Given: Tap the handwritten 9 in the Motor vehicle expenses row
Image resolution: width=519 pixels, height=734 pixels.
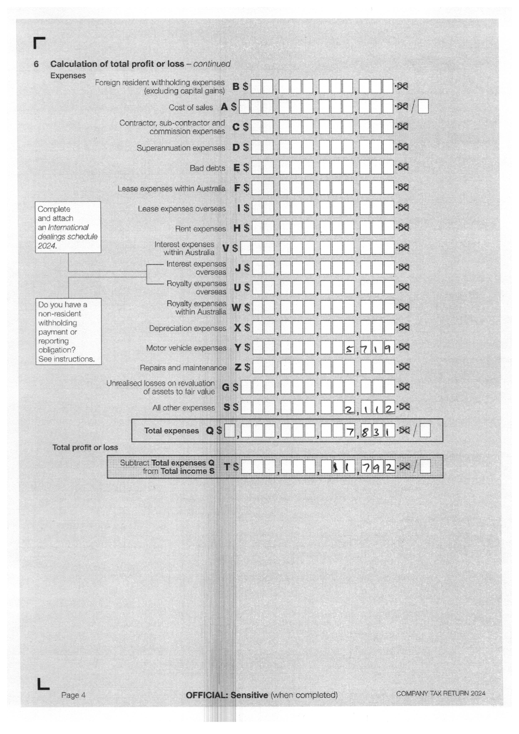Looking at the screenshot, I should (x=388, y=348).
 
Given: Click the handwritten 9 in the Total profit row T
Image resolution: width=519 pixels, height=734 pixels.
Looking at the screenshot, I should (x=377, y=468).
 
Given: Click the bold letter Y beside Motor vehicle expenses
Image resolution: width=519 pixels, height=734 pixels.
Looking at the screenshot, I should (x=238, y=347).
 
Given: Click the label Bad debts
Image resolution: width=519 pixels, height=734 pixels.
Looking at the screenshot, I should (x=207, y=168).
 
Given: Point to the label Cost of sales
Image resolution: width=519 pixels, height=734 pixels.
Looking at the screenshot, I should (x=191, y=107).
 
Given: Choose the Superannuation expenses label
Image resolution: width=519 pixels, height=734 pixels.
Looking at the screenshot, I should (x=181, y=148).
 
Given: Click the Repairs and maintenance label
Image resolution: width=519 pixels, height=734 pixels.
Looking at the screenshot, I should (x=183, y=368).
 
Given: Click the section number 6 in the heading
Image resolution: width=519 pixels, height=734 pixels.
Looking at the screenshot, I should (x=36, y=64).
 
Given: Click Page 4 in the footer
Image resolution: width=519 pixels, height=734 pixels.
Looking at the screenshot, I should (x=73, y=695).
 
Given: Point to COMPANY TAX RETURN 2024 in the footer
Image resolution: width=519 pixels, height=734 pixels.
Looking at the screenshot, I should (x=440, y=693).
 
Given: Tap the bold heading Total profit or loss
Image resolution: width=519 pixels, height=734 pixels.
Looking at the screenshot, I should (x=85, y=447).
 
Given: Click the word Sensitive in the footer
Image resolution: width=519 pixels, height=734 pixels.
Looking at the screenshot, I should (x=249, y=695).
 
